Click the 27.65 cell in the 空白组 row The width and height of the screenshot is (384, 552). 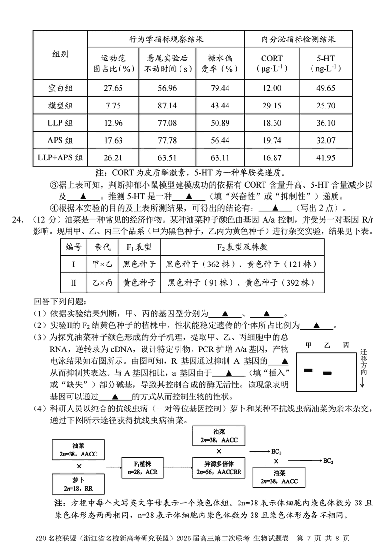click(113, 89)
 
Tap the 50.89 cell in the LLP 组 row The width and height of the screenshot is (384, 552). click(220, 123)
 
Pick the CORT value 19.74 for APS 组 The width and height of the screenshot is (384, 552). click(272, 140)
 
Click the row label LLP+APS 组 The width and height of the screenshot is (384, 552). click(60, 157)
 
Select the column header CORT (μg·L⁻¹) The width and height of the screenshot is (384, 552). click(272, 63)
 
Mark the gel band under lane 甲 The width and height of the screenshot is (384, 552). click(308, 370)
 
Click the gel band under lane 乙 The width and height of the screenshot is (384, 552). click(327, 372)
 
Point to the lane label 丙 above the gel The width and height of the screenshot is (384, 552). click(346, 345)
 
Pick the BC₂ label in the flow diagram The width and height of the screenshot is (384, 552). click(328, 461)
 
